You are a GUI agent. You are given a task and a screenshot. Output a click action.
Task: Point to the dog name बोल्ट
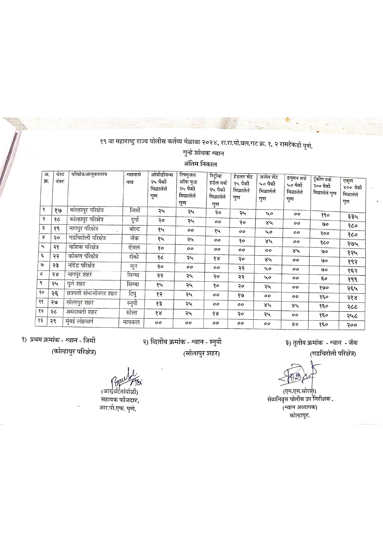click(x=134, y=229)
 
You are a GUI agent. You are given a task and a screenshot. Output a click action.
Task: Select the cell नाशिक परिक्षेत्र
click(x=84, y=247)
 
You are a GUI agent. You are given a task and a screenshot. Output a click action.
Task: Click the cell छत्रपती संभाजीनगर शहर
click(x=92, y=293)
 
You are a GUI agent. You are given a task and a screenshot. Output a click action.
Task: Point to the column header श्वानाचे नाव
click(x=133, y=178)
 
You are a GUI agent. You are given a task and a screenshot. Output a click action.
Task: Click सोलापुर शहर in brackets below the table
click(x=201, y=353)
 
